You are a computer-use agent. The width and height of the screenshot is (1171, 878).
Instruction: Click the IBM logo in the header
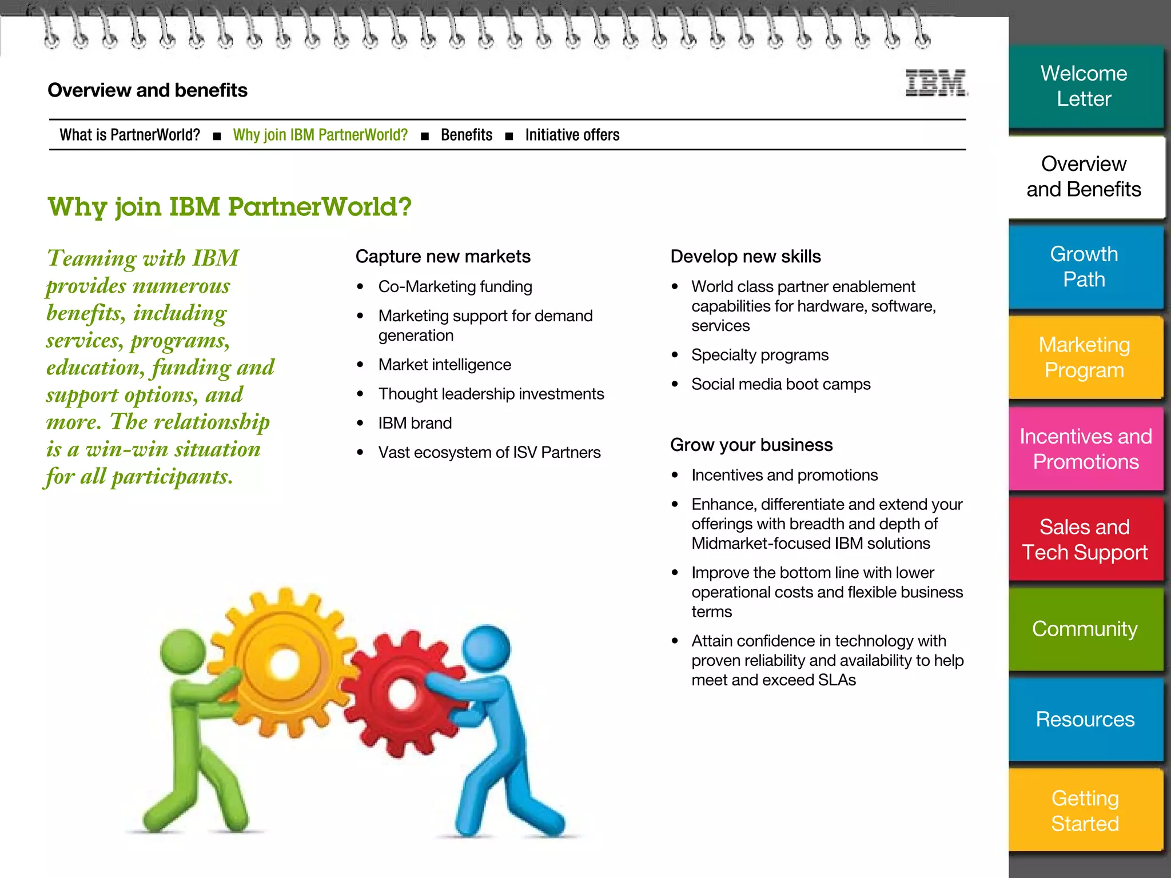(x=936, y=83)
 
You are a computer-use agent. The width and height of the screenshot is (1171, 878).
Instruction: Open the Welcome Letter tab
(x=1084, y=86)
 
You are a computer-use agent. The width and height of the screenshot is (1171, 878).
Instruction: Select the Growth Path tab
(x=1084, y=267)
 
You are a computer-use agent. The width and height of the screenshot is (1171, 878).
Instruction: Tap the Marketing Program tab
(x=1084, y=357)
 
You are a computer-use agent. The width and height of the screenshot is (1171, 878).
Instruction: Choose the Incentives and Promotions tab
(x=1085, y=449)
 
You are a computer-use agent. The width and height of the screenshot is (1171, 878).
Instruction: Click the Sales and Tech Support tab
(x=1085, y=539)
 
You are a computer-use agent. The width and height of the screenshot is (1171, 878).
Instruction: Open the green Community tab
(x=1085, y=629)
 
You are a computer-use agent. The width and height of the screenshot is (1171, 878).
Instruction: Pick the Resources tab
(x=1085, y=719)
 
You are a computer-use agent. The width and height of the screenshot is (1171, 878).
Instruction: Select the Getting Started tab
(x=1085, y=811)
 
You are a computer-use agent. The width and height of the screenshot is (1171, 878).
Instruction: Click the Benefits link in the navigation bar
(x=466, y=135)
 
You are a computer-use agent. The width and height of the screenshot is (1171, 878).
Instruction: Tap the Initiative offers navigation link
(x=572, y=135)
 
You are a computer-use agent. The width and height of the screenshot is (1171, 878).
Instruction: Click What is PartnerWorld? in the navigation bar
(x=130, y=135)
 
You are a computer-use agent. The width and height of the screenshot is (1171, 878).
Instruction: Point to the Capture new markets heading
(x=443, y=257)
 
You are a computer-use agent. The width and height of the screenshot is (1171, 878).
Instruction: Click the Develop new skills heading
(x=745, y=257)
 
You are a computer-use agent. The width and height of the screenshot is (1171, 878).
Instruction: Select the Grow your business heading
(x=751, y=445)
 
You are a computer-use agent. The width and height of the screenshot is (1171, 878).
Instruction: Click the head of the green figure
(x=182, y=652)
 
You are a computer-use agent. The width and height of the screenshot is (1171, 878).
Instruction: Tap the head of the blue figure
(x=486, y=648)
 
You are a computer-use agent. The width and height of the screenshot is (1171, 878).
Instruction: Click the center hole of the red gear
(x=403, y=694)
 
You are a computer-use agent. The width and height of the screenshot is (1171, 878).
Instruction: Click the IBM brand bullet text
(x=415, y=423)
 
